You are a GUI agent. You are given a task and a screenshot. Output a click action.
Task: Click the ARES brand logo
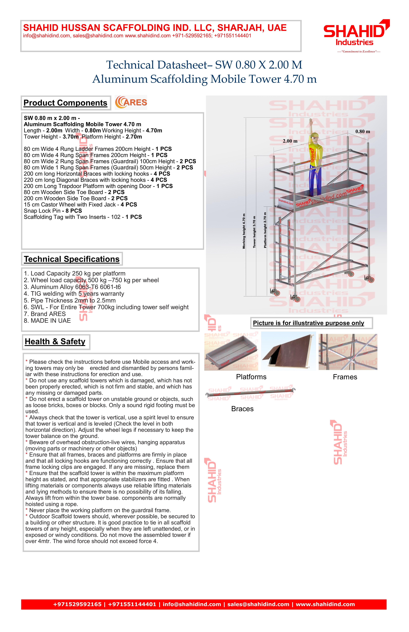click(x=131, y=102)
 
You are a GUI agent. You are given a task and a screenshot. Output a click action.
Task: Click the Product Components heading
click(x=65, y=103)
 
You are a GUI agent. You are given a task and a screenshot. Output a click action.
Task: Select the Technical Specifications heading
click(x=72, y=259)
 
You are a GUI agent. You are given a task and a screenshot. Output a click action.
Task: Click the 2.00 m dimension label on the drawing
click(x=290, y=141)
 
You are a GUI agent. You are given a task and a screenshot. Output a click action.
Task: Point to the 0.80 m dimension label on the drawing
click(x=363, y=131)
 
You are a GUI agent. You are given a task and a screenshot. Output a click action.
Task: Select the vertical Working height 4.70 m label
click(x=244, y=231)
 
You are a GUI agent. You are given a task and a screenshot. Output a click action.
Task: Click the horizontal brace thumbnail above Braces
click(x=250, y=393)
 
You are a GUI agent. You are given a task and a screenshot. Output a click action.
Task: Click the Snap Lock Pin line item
click(x=53, y=211)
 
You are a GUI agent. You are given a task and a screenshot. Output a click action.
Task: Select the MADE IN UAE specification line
click(x=47, y=321)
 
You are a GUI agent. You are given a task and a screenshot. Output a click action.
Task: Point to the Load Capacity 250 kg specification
click(x=74, y=273)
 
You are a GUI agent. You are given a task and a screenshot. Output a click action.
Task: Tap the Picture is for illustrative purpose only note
click(x=308, y=323)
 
